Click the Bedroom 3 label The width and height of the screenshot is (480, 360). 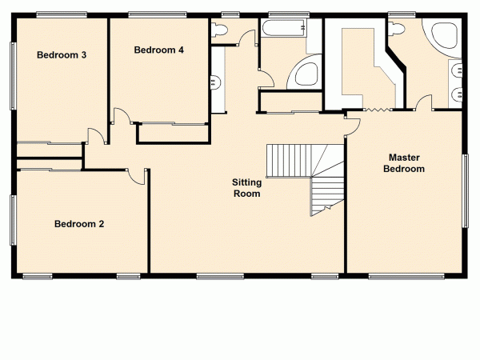61,55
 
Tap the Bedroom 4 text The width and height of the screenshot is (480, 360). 158,50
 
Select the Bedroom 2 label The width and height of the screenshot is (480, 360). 79,224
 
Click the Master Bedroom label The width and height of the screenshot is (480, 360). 403,163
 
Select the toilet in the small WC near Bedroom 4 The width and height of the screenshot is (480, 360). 219,29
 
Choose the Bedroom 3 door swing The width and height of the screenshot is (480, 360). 95,136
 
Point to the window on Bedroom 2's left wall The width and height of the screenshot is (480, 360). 12,219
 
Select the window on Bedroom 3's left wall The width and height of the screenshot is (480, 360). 12,75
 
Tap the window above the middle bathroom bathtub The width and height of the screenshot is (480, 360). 284,14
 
